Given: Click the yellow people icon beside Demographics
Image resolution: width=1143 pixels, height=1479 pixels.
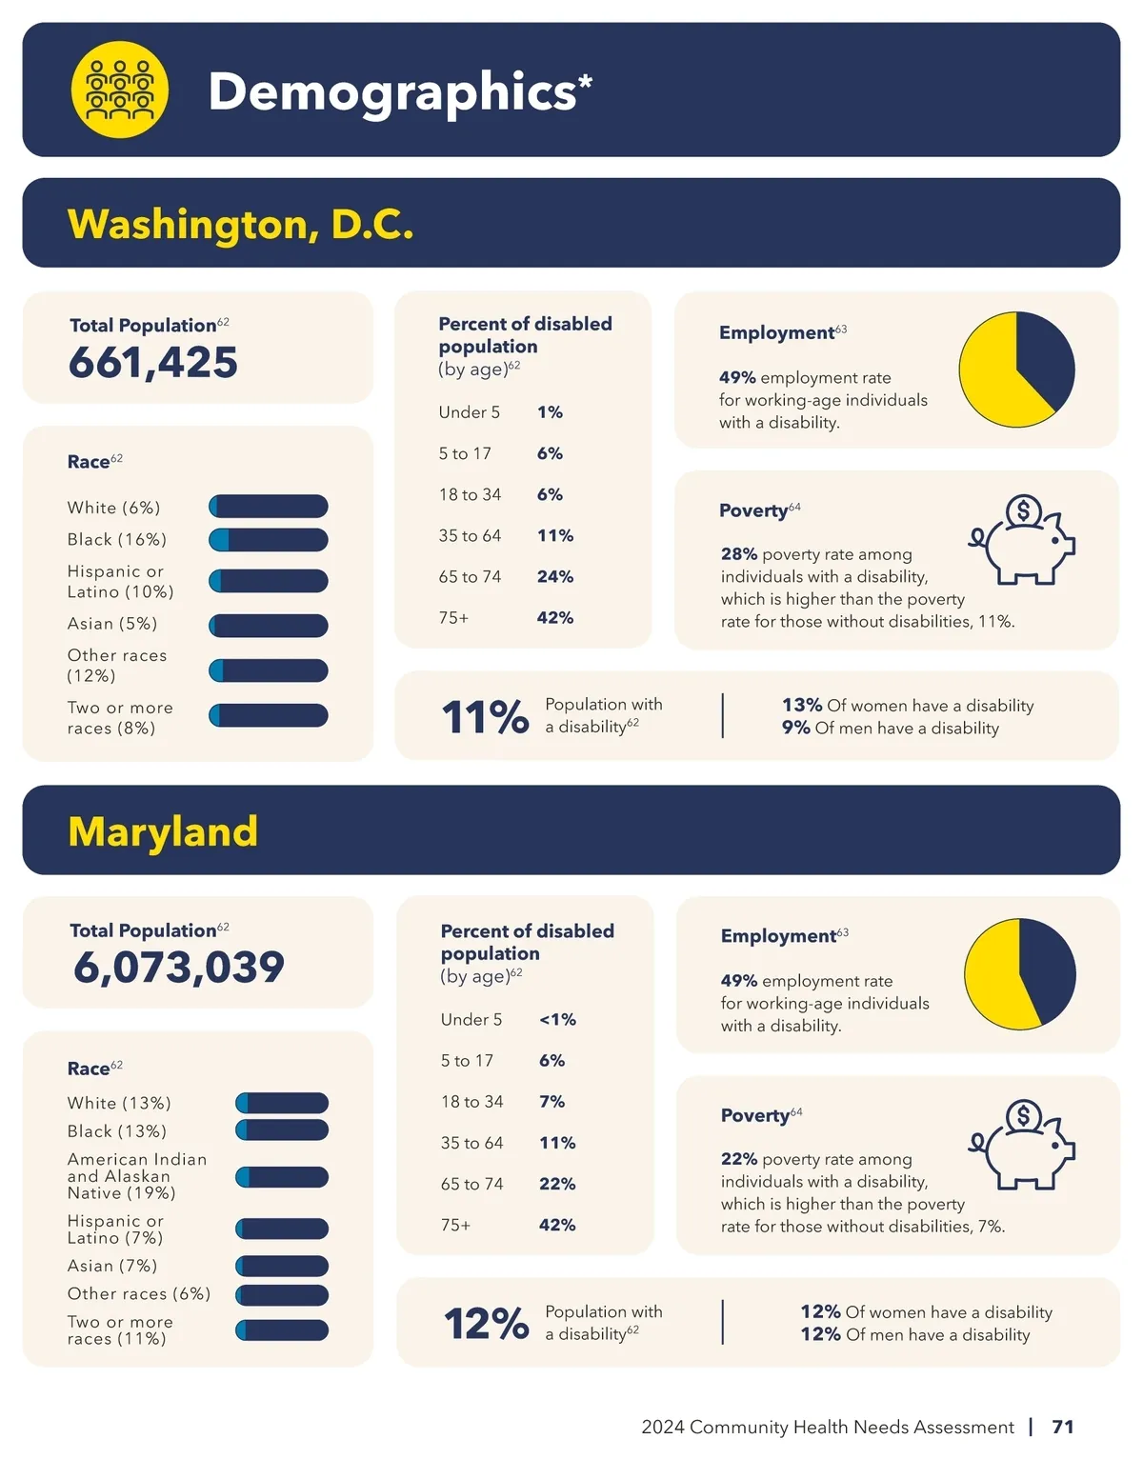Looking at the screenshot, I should pos(120,90).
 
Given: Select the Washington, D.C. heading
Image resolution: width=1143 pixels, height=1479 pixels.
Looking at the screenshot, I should pos(240,225).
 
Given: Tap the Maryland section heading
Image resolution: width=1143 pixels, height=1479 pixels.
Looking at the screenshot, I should pos(163,831).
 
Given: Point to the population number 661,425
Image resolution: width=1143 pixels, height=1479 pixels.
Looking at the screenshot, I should pos(153,363).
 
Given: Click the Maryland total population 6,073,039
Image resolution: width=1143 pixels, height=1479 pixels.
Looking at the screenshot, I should pos(179,968).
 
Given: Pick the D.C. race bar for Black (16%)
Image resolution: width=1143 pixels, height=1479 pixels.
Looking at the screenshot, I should pos(269,540).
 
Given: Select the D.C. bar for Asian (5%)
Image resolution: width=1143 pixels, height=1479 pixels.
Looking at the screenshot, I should pos(269,625).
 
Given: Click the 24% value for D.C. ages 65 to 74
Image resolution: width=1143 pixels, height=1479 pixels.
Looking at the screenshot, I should pos(554,577).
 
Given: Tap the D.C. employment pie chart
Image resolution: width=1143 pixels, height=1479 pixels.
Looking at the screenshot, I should pos(1016,370).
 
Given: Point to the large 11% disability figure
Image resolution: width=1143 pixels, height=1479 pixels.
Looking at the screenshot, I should pos(485,717).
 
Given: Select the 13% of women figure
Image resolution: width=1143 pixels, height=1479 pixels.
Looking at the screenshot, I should pos(802,706).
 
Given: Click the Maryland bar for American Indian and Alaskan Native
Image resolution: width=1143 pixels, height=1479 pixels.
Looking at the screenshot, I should pos(282,1177).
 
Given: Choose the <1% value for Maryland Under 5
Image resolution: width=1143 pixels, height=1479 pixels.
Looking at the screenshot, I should pos(557,1020).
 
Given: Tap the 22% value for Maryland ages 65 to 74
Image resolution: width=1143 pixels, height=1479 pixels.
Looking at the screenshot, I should pos(557,1184).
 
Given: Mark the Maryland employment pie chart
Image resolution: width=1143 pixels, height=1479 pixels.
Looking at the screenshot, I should pos(1019,973).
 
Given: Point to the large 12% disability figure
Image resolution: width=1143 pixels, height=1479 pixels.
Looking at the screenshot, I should pos(486,1324).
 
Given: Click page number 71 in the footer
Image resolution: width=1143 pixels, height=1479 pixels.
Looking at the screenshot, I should pos(1063,1427).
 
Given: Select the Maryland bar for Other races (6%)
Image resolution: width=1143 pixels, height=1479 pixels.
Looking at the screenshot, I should pos(282,1295).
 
